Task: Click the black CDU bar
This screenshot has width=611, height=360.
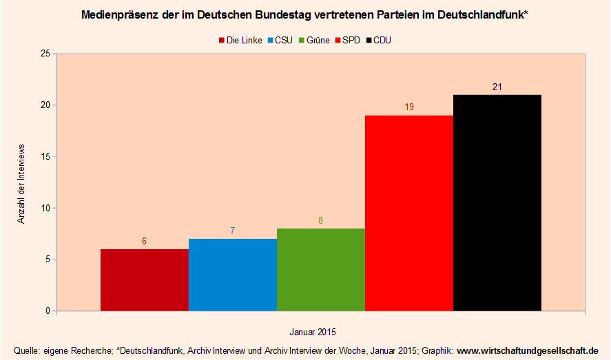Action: [497, 202]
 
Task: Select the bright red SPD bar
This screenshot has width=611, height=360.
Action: [408, 213]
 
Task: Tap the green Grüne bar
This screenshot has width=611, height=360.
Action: [320, 269]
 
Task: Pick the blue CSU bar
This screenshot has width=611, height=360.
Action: [232, 275]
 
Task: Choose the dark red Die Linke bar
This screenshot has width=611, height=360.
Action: [144, 279]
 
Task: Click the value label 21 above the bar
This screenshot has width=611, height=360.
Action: [497, 87]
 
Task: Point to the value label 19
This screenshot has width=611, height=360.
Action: [408, 107]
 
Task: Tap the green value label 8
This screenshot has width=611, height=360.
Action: [320, 221]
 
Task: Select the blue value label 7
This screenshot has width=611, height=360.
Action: [232, 231]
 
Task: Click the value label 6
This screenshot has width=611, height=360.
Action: [144, 242]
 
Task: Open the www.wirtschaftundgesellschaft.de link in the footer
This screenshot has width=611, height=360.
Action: [528, 350]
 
